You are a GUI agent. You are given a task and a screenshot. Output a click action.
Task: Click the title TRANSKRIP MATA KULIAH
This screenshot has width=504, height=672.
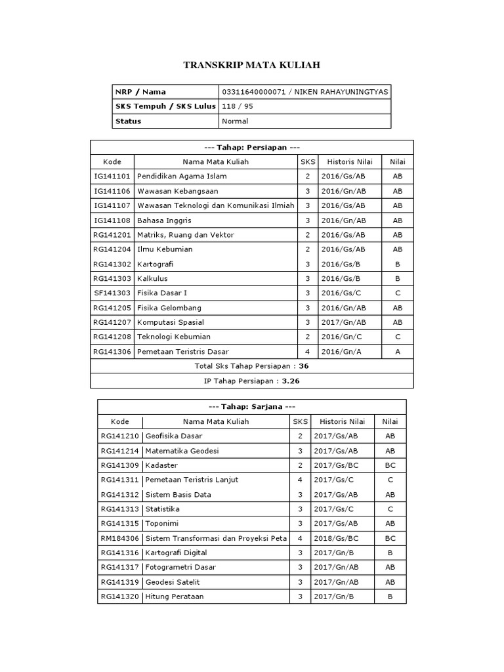[251, 65]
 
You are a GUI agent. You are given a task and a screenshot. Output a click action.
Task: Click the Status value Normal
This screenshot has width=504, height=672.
[235, 121]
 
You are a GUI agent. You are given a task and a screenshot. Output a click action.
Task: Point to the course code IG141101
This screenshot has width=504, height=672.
[112, 177]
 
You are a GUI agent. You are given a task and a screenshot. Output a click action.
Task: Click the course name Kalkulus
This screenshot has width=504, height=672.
[152, 278]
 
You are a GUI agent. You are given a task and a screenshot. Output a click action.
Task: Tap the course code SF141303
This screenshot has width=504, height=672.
[112, 293]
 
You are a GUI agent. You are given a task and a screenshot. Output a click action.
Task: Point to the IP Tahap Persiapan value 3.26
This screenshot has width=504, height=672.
[291, 381]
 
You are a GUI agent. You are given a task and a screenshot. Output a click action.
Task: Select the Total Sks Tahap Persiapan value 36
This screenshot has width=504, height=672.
[303, 366]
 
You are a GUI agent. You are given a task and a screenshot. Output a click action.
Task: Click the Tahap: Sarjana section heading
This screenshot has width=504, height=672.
[252, 407]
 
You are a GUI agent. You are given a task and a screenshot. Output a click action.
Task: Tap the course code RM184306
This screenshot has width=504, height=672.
[120, 538]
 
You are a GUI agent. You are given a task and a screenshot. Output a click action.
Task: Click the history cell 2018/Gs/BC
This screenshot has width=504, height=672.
[335, 538]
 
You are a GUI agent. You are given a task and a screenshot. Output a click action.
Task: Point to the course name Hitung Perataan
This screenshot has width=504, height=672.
[175, 597]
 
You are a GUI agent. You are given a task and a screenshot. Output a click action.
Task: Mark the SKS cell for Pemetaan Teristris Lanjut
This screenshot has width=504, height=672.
[300, 480]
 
